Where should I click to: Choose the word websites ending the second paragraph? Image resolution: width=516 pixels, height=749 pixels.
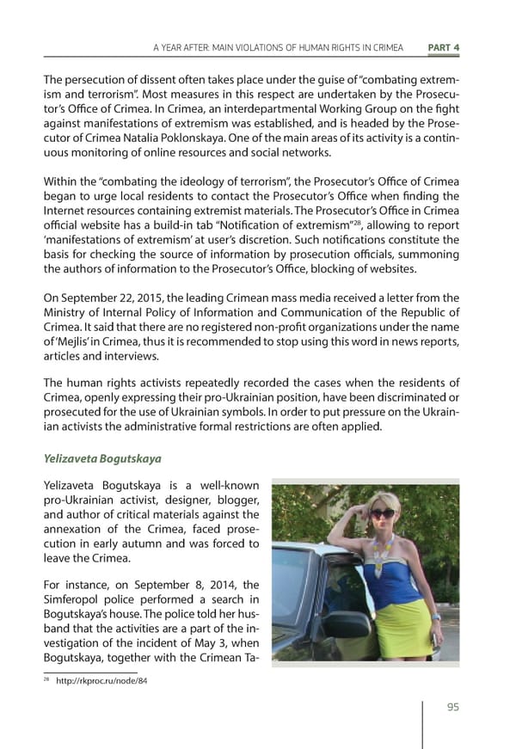tap(391, 269)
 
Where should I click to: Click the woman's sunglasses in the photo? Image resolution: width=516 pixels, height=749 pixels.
tap(383, 513)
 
